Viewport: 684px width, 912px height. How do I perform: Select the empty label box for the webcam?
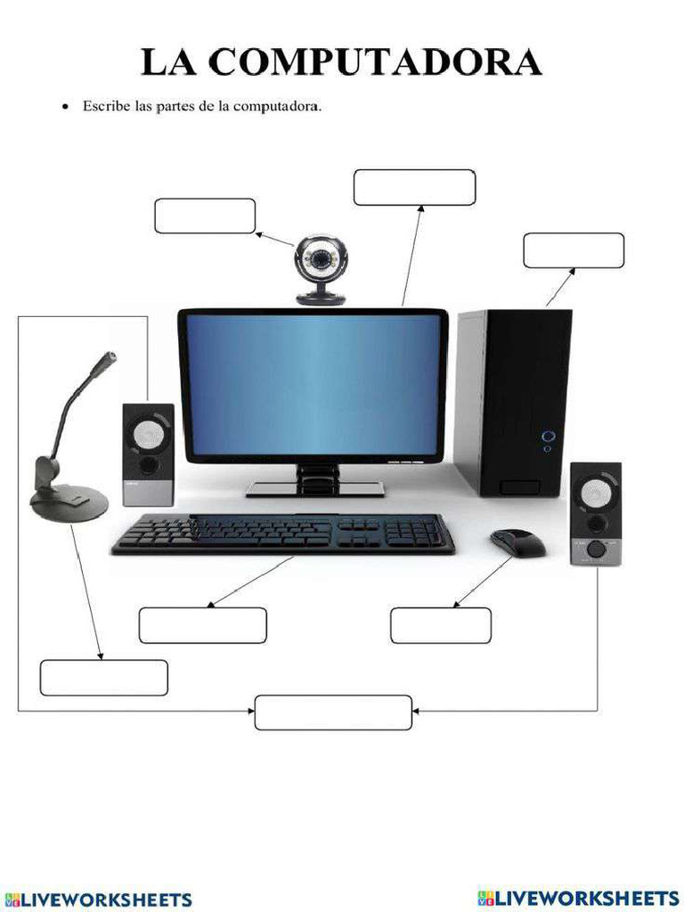point(205,216)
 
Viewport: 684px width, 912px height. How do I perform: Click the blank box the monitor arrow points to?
point(414,187)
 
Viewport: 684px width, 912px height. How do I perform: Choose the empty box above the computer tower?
point(574,250)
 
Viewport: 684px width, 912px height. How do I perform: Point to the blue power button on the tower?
point(548,436)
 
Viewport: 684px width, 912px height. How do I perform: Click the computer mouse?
point(517,541)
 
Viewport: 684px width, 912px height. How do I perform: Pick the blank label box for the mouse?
point(441,625)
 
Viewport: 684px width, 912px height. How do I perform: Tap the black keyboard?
point(283,533)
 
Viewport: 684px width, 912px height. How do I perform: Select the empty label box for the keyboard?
point(202,625)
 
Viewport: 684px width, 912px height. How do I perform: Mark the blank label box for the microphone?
point(103,678)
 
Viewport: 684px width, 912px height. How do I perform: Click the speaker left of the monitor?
point(148,454)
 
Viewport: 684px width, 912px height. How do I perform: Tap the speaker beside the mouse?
point(595,514)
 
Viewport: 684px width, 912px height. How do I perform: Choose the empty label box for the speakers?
point(333,712)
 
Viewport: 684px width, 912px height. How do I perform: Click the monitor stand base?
point(314,488)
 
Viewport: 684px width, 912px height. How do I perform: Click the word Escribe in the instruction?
point(106,107)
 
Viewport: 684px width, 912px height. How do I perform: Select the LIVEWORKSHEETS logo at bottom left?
point(98,899)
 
